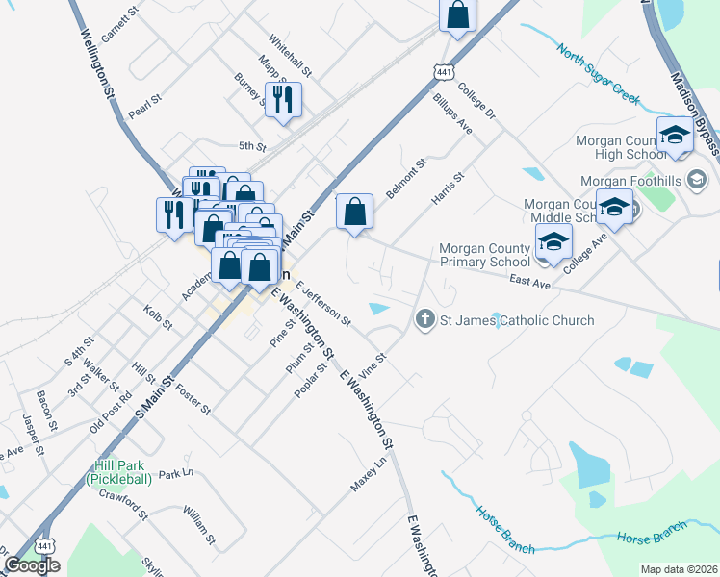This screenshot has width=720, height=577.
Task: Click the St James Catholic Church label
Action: pyautogui.click(x=518, y=320)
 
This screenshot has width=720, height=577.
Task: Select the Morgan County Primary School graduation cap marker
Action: pyautogui.click(x=554, y=242)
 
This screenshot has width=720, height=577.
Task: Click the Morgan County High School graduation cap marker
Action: pyautogui.click(x=675, y=137)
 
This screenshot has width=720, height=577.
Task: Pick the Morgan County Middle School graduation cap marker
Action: pyautogui.click(x=614, y=207)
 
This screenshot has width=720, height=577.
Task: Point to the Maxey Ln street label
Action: pyautogui.click(x=368, y=474)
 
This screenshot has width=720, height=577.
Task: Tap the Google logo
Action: pyautogui.click(x=31, y=565)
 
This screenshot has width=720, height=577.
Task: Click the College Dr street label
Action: pyautogui.click(x=476, y=103)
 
